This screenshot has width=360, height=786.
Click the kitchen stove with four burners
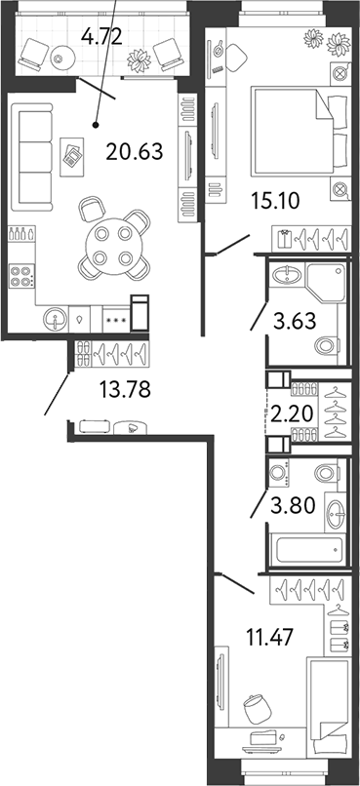pos(20,275)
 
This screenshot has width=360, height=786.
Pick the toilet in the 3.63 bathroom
pos(327,343)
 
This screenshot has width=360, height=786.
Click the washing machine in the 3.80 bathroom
pos(280,475)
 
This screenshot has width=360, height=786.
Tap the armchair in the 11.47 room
pos(255,707)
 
